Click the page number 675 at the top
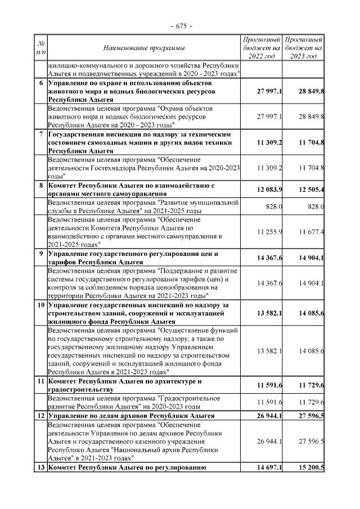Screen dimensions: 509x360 (x=181, y=26)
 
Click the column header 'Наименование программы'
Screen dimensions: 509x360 (x=144, y=48)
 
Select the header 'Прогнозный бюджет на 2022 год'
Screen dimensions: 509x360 (x=261, y=48)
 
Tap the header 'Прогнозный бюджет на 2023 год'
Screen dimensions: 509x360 (x=303, y=48)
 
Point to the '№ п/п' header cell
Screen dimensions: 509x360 (x=40, y=48)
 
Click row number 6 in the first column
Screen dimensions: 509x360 (x=40, y=84)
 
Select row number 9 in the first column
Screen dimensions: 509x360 (x=40, y=254)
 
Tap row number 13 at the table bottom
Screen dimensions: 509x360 (x=40, y=467)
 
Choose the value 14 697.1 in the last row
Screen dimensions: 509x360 (x=269, y=468)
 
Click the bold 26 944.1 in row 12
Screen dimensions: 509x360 (x=269, y=416)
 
